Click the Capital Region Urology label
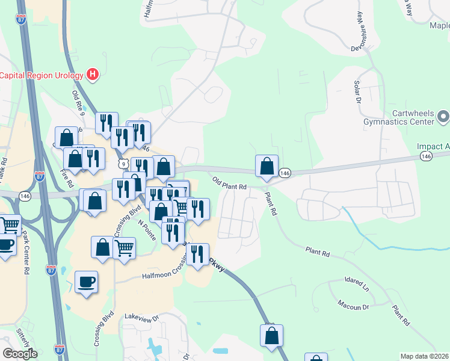(42, 75)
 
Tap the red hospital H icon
(92, 75)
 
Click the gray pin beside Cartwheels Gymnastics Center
(443, 116)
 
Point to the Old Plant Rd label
(230, 183)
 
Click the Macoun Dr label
(353, 306)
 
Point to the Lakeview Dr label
(141, 316)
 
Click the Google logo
(20, 353)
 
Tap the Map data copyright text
(425, 356)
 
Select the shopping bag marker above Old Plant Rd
(267, 166)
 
